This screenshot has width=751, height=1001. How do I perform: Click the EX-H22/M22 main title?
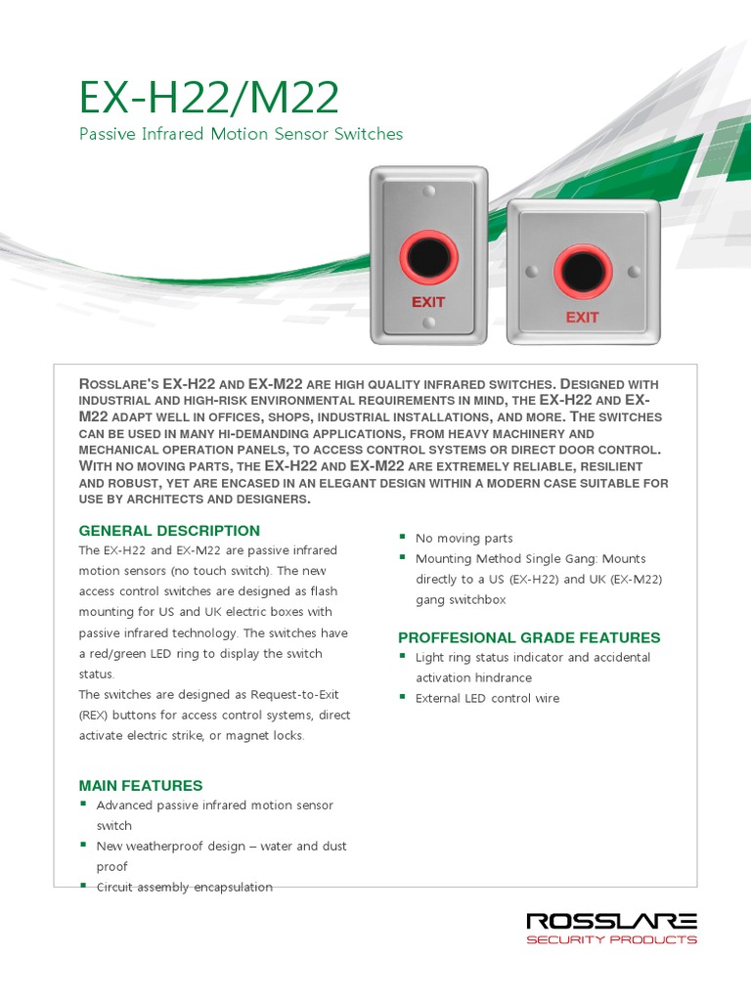click(x=209, y=98)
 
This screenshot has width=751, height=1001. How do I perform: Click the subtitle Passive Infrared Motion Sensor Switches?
click(x=241, y=134)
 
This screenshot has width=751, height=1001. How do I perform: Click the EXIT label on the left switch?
click(x=428, y=302)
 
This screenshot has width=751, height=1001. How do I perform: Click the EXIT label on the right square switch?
click(x=582, y=317)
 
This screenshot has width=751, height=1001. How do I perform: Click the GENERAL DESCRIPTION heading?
click(x=169, y=531)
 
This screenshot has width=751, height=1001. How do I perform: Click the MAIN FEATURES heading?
click(x=141, y=786)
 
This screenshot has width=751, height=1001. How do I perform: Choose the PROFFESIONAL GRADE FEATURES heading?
click(x=529, y=637)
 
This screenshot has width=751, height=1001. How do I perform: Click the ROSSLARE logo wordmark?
click(x=611, y=921)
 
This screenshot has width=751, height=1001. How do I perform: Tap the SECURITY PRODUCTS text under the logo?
click(x=611, y=940)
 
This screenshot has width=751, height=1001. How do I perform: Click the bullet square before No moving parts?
click(x=402, y=538)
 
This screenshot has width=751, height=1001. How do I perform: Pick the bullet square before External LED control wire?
click(x=402, y=698)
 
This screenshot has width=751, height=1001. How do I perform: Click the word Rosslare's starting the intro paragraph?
click(x=117, y=385)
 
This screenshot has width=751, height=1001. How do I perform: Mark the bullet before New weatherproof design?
click(x=83, y=846)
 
